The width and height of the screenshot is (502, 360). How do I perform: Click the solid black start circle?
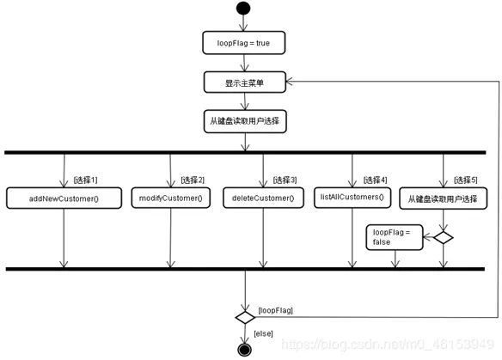click(x=245, y=9)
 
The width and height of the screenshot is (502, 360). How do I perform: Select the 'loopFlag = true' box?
click(x=244, y=42)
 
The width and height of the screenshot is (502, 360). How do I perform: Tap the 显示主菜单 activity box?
click(x=244, y=82)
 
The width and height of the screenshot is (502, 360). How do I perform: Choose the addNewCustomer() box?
click(x=64, y=198)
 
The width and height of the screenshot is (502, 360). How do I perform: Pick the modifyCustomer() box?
click(x=171, y=198)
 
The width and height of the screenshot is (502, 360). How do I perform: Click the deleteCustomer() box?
click(x=263, y=198)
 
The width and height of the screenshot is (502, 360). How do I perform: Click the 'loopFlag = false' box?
click(x=395, y=237)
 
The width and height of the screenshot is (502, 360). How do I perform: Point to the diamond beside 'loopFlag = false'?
click(x=443, y=237)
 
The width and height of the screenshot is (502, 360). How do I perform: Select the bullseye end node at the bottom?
click(x=245, y=349)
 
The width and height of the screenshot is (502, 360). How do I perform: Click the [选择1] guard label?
click(x=85, y=180)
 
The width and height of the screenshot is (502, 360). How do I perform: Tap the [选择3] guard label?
click(x=285, y=180)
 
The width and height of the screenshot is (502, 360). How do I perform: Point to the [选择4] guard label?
click(x=375, y=180)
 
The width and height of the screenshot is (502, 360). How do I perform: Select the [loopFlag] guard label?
click(x=275, y=309)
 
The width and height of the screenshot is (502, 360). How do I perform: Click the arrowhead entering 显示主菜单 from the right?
click(x=290, y=82)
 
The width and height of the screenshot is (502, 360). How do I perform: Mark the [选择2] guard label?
click(x=193, y=180)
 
